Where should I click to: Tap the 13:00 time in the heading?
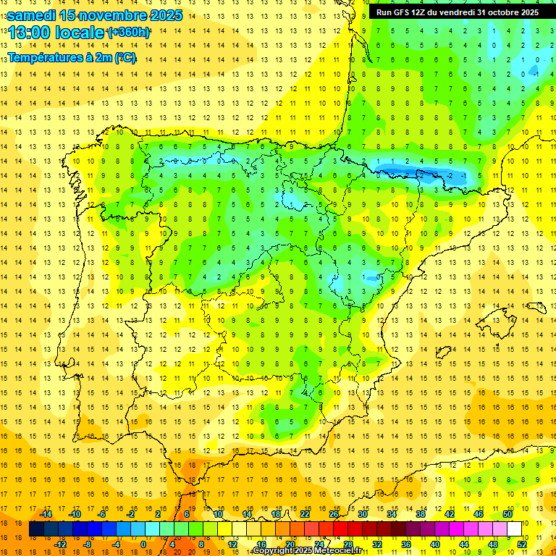pyautogui.click(x=28, y=33)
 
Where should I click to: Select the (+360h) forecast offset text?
pyautogui.click(x=129, y=33)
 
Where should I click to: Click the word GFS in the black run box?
pyautogui.click(x=403, y=12)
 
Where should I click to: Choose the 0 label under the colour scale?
pyautogui.click(x=143, y=544)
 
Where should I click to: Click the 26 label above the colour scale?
pyautogui.click(x=334, y=514)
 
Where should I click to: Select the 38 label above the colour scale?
pyautogui.click(x=421, y=514)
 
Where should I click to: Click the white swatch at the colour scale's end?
pyautogui.click(x=514, y=528)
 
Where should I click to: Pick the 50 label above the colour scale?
pyautogui.click(x=507, y=514)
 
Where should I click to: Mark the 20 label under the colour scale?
pyautogui.click(x=290, y=544)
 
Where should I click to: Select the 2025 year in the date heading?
pyautogui.click(x=166, y=15)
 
